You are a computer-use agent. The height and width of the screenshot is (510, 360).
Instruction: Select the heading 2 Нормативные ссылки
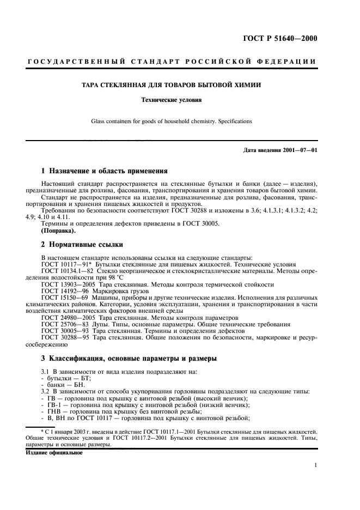82,245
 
